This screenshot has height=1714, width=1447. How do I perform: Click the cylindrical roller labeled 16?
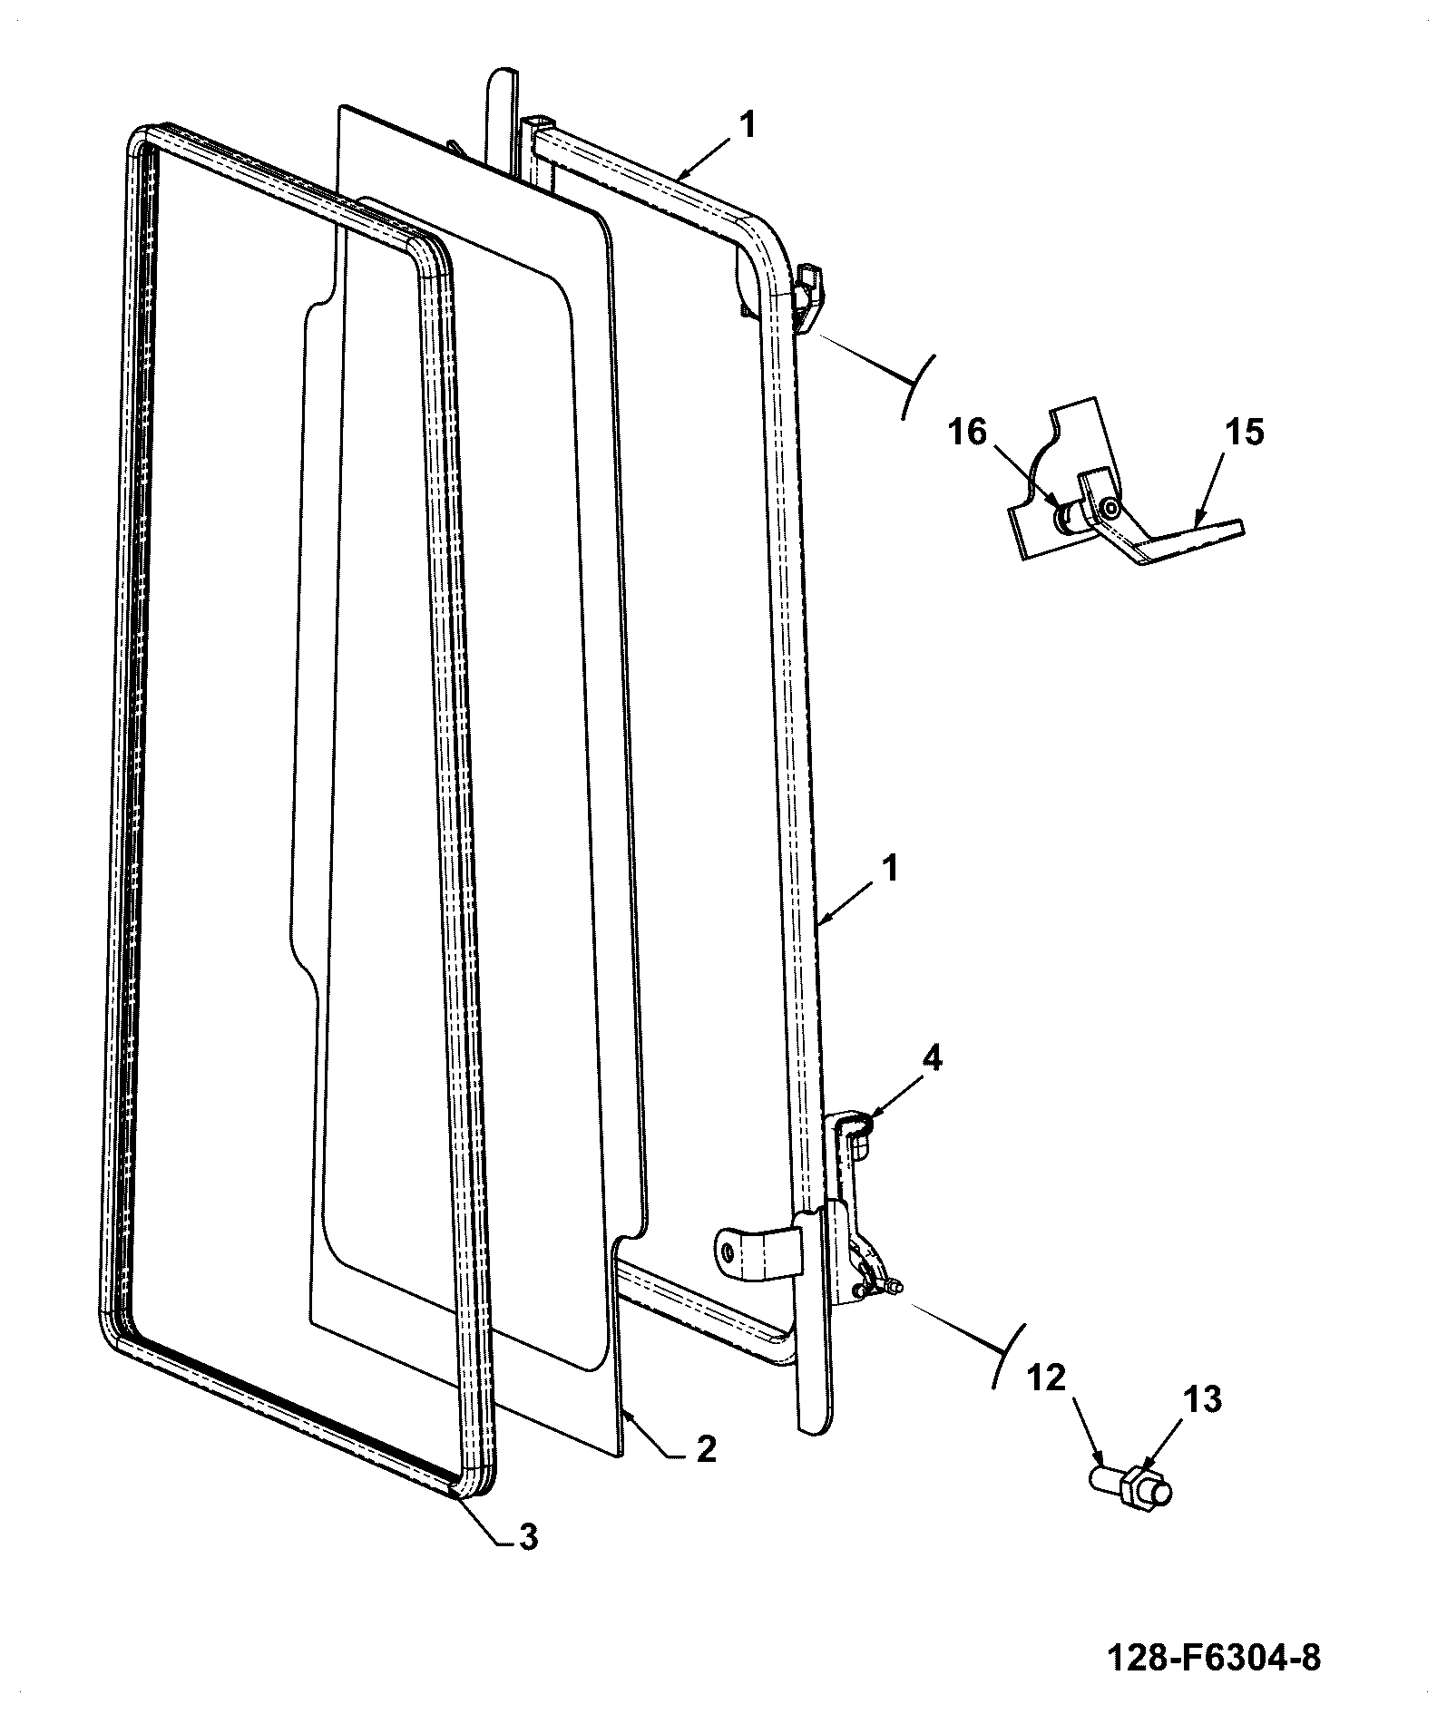[1064, 518]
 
